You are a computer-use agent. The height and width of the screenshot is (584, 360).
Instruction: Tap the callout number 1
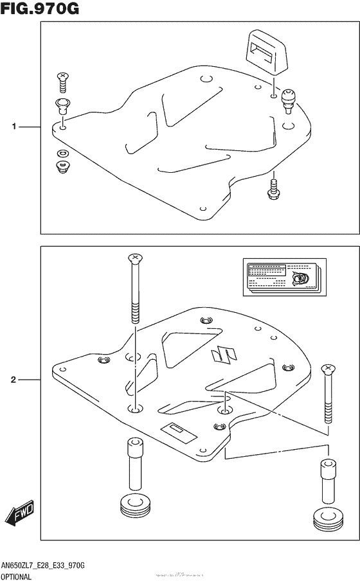pyautogui.click(x=14, y=127)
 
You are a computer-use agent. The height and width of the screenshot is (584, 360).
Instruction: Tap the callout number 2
pyautogui.click(x=14, y=380)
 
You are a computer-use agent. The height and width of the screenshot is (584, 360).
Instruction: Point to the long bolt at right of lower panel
pyautogui.click(x=328, y=393)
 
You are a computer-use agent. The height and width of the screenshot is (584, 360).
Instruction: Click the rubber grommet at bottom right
pyautogui.click(x=326, y=519)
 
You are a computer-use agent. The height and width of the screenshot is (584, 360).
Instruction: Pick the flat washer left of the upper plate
pyautogui.click(x=63, y=153)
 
